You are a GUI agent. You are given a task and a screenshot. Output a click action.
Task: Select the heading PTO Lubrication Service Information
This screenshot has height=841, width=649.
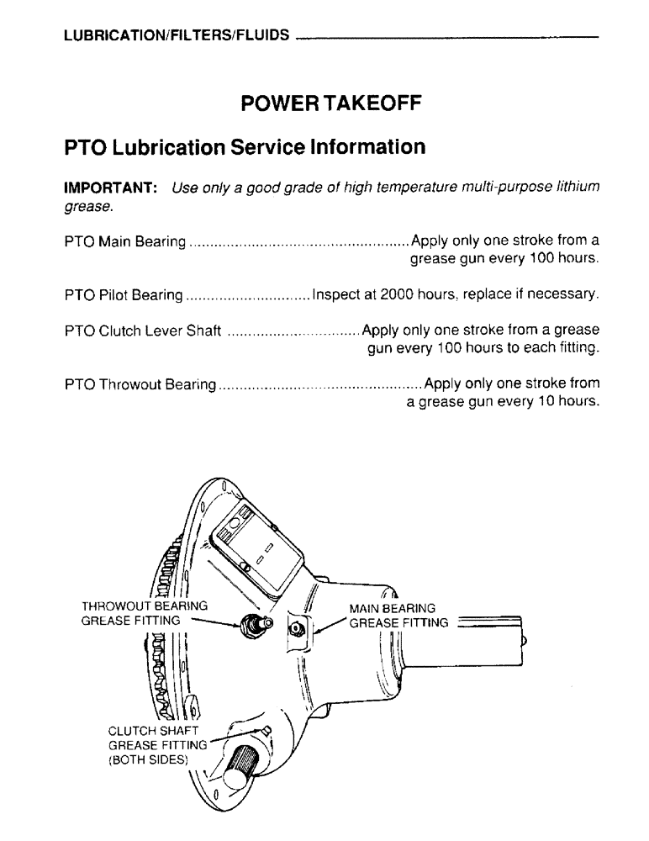point(245,147)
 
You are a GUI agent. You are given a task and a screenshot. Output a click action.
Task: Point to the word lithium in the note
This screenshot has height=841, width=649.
point(577,188)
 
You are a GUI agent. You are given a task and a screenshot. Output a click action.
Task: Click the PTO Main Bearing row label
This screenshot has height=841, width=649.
point(124,242)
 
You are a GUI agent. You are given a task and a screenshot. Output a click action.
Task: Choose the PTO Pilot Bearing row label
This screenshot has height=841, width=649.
point(123,295)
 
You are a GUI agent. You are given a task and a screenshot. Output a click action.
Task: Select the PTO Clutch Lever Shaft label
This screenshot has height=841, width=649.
point(143,331)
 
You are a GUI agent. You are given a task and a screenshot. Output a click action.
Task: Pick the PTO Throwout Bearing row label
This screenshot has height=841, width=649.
point(140,384)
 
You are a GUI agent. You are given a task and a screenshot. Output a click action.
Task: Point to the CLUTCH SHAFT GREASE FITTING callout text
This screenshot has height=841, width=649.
point(157,745)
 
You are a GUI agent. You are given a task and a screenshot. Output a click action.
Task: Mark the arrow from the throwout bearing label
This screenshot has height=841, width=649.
point(214,623)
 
